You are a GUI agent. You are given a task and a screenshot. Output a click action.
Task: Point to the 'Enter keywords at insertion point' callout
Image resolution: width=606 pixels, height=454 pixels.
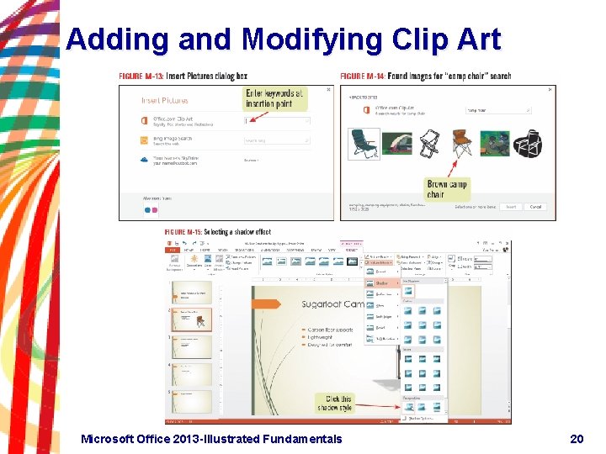(x=274, y=98)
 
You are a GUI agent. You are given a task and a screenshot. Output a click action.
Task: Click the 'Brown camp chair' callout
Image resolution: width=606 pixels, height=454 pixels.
(x=448, y=189)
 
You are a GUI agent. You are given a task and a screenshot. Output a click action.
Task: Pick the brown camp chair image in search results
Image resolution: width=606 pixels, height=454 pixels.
(x=462, y=143)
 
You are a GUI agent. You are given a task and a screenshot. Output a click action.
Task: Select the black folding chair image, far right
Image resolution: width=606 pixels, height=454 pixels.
(x=529, y=144)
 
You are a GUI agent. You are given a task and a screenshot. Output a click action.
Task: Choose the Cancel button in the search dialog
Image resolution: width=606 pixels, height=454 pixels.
(x=536, y=207)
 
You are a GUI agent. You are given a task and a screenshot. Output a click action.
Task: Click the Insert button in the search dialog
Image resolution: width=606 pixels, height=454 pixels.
(x=510, y=207)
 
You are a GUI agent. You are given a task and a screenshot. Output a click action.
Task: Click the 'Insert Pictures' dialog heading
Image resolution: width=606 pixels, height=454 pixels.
(x=165, y=100)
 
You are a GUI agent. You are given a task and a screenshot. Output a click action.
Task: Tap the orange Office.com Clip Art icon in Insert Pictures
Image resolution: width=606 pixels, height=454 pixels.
(x=146, y=119)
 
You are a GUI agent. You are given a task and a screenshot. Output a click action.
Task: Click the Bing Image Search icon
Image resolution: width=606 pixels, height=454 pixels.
(x=146, y=140)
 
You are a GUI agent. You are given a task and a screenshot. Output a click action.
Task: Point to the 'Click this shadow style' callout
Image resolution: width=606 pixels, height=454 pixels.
(x=335, y=403)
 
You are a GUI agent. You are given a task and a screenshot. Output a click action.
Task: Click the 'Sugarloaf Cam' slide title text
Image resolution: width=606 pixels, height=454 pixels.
(x=332, y=304)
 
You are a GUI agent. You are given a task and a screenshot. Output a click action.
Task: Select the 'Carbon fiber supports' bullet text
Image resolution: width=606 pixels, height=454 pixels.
(x=330, y=330)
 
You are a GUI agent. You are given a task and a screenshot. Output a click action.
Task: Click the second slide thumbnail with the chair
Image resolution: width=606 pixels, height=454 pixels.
(x=191, y=319)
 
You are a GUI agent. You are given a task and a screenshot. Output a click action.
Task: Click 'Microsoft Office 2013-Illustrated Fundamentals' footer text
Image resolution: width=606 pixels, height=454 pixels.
(x=211, y=438)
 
